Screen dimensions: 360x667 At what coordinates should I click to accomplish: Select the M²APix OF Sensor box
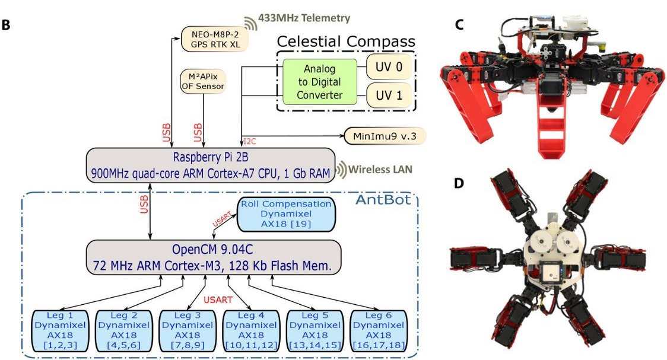pos(204,81)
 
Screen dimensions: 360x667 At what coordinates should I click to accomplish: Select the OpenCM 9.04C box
pos(214,257)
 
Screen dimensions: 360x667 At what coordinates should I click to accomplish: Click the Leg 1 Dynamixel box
pos(60,329)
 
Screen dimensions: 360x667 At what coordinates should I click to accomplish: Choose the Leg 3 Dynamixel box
pos(187,329)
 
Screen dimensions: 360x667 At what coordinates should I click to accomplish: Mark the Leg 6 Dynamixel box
pos(377,329)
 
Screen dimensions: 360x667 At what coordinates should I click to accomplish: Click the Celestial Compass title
pos(346,42)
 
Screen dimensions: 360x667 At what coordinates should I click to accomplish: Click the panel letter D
pos(458,183)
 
